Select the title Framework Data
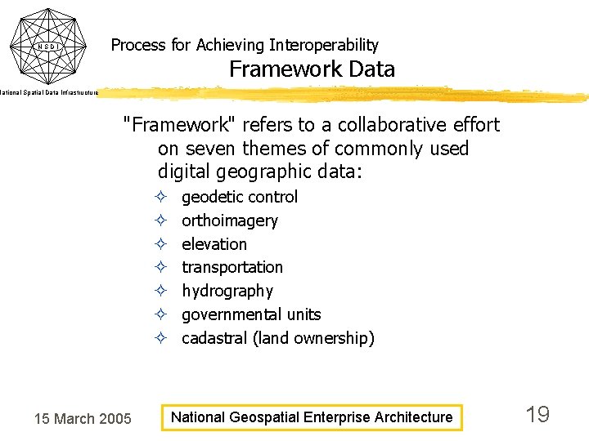[x=312, y=69]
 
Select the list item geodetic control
[x=240, y=197]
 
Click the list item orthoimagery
[x=230, y=220]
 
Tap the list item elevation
[x=214, y=244]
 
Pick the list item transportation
[x=232, y=267]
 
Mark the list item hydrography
[x=227, y=291]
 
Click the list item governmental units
[x=251, y=314]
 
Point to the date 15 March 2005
[x=82, y=419]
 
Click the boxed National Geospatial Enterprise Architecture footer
[x=311, y=417]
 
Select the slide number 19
[x=537, y=415]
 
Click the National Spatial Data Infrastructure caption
[x=49, y=93]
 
